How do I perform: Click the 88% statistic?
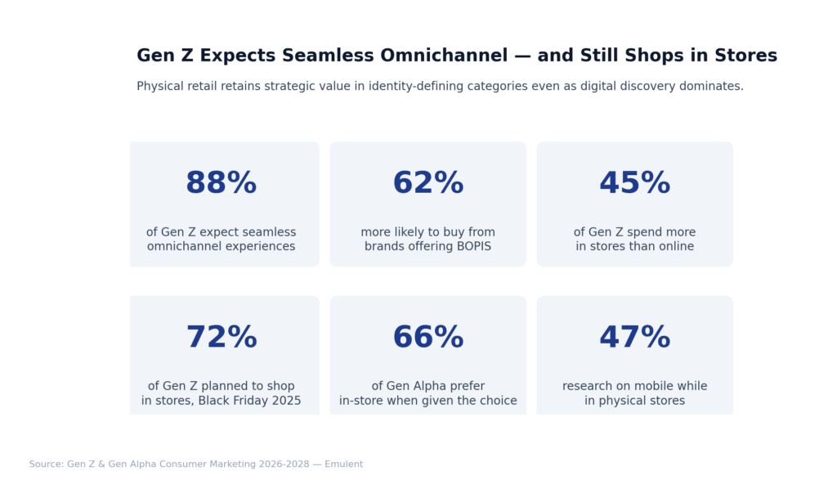coord(221,183)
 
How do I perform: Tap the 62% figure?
coord(427,183)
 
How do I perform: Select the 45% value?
coord(634,183)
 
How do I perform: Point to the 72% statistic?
coord(221,338)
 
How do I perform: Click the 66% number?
coord(427,338)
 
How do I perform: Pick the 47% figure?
coord(634,338)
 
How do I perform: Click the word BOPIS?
coord(472,246)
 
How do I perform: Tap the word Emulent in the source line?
coord(343,464)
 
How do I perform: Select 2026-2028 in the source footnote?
coord(282,464)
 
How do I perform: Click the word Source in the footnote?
coord(46,464)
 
